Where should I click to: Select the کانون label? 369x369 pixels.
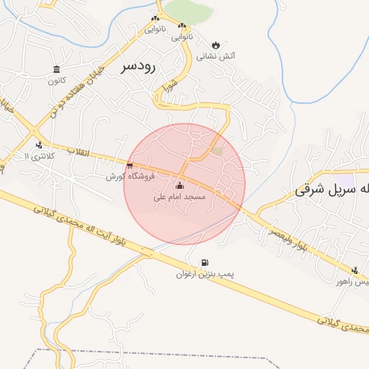(x=57, y=80)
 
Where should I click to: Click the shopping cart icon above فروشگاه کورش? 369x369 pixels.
(x=129, y=166)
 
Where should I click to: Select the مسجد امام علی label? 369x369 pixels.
(x=180, y=196)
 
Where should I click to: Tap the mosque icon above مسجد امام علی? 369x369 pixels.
(x=179, y=186)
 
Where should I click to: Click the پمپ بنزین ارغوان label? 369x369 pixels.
(x=205, y=275)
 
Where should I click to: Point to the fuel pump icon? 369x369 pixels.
(x=205, y=263)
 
